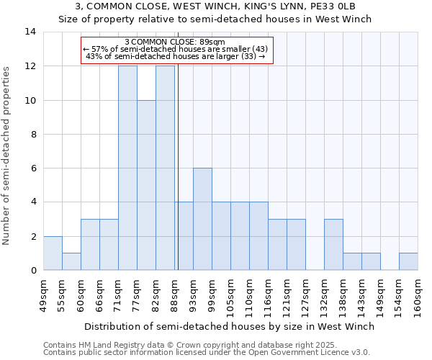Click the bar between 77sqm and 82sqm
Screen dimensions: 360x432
click(146, 185)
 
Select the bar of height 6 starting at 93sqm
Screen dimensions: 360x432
click(202, 219)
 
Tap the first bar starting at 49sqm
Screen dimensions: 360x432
click(53, 253)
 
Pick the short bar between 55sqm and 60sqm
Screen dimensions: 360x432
click(71, 261)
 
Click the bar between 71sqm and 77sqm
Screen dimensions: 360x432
click(127, 168)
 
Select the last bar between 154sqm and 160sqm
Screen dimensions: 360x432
click(408, 261)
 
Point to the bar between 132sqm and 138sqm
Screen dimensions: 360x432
click(333, 244)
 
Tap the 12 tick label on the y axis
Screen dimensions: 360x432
click(30, 66)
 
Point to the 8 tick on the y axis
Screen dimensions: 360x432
click(32, 135)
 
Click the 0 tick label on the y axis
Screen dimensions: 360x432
click(32, 271)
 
